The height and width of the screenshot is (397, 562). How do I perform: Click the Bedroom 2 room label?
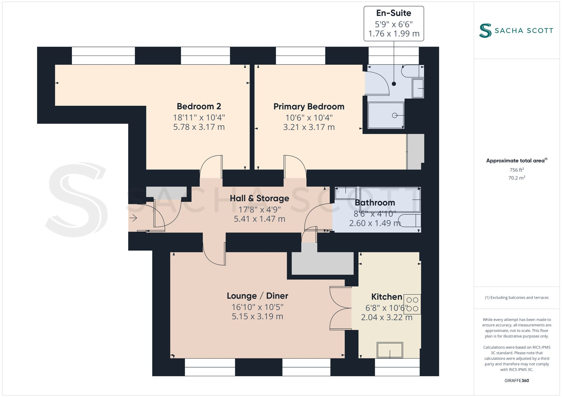[199, 106]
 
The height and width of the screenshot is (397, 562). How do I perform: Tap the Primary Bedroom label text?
[309, 107]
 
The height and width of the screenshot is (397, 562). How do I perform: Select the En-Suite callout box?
[394, 24]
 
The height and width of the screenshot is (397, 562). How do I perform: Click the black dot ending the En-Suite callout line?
[394, 84]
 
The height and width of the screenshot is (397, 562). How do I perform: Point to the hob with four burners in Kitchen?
[412, 304]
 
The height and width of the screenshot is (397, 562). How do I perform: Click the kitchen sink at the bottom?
[390, 350]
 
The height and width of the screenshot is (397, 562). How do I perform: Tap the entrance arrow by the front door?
[133, 218]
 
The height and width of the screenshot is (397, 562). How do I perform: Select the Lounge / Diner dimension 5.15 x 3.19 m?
[257, 316]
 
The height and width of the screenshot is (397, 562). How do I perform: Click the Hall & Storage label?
[259, 198]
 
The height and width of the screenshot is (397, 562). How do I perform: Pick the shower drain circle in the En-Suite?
[395, 115]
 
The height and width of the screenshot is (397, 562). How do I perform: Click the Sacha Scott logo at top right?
[516, 30]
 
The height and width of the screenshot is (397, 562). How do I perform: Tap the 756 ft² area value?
[516, 170]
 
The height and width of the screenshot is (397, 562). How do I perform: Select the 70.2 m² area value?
[516, 178]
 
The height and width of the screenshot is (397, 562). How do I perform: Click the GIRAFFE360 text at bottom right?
[516, 381]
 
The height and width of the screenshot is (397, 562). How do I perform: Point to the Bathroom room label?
[375, 203]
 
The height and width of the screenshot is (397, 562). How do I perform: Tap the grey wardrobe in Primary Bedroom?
[415, 152]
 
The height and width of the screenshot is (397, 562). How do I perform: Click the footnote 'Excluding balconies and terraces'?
[516, 298]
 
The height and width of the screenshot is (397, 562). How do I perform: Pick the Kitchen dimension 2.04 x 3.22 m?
[387, 317]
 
